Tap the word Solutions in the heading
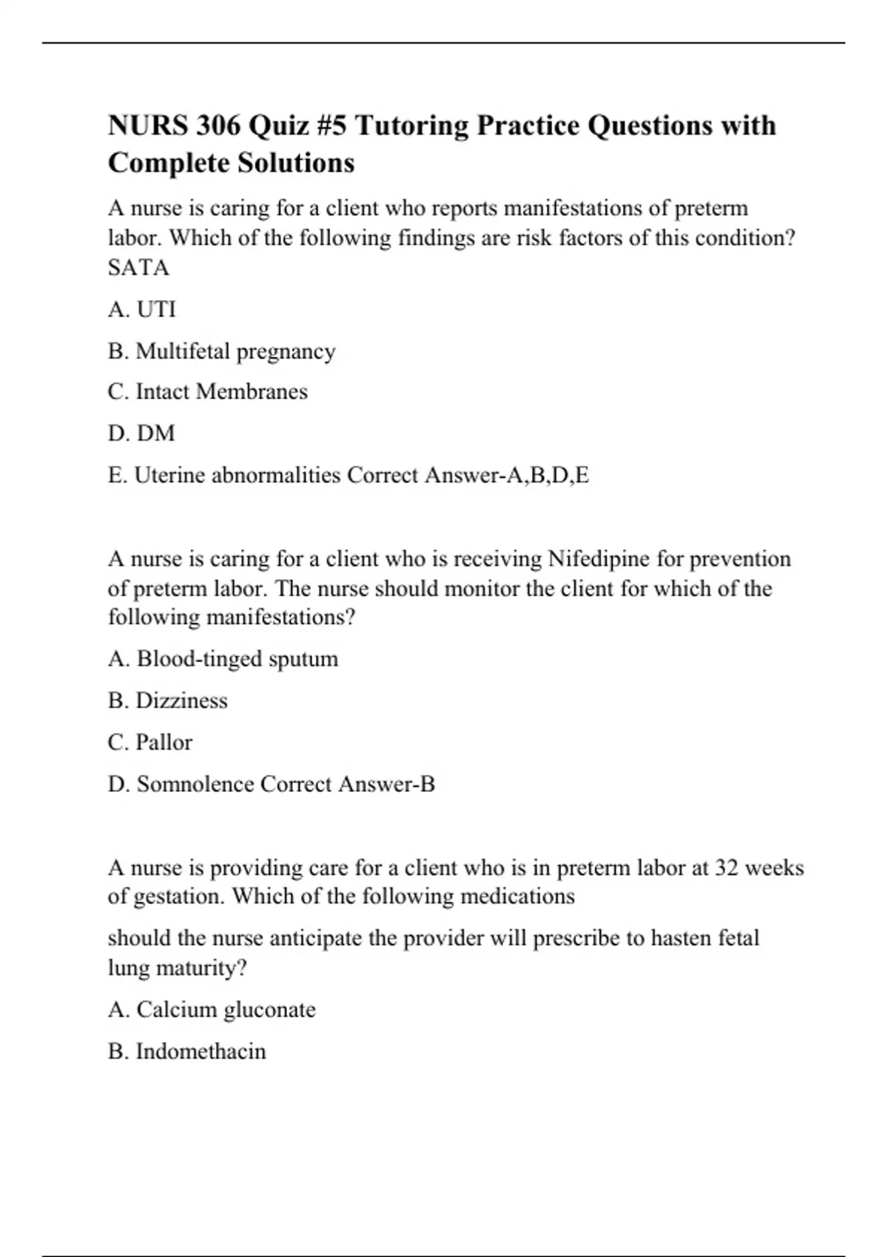(295, 163)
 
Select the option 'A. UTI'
(142, 309)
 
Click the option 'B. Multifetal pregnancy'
(221, 351)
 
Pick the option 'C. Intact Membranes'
(207, 392)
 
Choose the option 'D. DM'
(141, 433)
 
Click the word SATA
(138, 268)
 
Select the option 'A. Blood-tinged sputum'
(223, 659)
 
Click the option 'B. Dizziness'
(168, 701)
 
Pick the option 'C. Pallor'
(150, 742)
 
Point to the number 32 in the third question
(727, 867)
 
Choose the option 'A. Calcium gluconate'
(212, 1010)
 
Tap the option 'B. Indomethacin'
(186, 1051)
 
